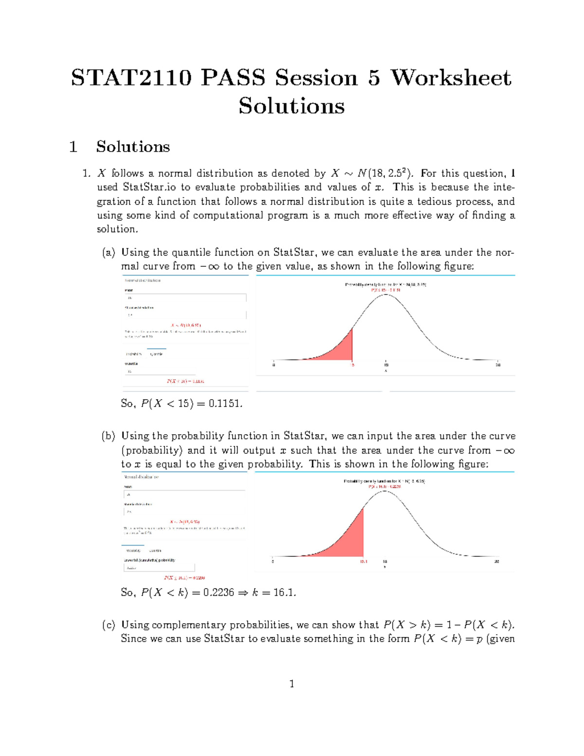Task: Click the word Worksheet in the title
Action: click(451, 78)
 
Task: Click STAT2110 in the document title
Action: click(131, 78)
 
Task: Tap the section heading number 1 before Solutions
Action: click(73, 147)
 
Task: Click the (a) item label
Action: click(108, 253)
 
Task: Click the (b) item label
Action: click(108, 436)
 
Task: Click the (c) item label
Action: click(108, 625)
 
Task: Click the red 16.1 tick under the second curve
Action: click(364, 561)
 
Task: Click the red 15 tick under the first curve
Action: click(352, 365)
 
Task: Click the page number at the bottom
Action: click(292, 684)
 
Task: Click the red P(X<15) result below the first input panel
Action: click(185, 381)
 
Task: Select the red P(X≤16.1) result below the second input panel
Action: click(184, 578)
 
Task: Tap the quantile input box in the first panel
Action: click(185, 371)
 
